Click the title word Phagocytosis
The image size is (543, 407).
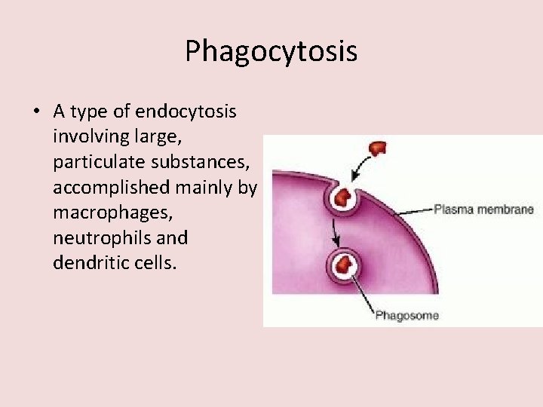click(x=271, y=51)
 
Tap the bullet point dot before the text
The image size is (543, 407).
click(x=36, y=112)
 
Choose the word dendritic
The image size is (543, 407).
click(x=88, y=264)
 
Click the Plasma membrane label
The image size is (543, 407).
click(x=483, y=210)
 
